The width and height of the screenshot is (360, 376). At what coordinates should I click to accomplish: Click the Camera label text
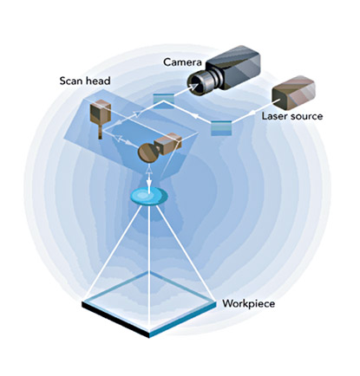pyautogui.click(x=182, y=62)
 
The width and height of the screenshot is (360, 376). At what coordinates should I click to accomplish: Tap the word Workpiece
pyautogui.click(x=248, y=304)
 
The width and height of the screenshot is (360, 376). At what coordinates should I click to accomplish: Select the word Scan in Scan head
pyautogui.click(x=71, y=81)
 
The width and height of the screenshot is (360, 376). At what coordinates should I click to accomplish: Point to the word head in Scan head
pyautogui.click(x=98, y=81)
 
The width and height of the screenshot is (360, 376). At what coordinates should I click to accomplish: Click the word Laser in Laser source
pyautogui.click(x=275, y=116)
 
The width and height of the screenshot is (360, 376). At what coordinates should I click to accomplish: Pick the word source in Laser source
pyautogui.click(x=307, y=117)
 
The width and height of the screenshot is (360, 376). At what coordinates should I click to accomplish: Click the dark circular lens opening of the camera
pyautogui.click(x=196, y=86)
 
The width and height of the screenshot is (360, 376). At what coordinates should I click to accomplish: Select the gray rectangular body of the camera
pyautogui.click(x=233, y=68)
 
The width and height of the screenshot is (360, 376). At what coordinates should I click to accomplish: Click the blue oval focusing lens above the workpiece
pyautogui.click(x=149, y=197)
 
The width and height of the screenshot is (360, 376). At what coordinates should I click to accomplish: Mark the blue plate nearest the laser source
pyautogui.click(x=221, y=128)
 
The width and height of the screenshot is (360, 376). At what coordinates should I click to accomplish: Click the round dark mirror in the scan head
pyautogui.click(x=148, y=153)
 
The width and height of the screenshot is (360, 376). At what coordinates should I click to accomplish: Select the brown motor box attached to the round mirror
pyautogui.click(x=168, y=144)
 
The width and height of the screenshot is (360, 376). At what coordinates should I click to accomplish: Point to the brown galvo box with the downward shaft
pyautogui.click(x=101, y=113)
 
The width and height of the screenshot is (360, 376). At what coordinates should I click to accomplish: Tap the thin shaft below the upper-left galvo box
pyautogui.click(x=101, y=133)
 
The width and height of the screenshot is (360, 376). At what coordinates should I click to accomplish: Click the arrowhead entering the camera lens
pyautogui.click(x=193, y=86)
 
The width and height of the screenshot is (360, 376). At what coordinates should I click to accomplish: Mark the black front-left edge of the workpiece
pyautogui.click(x=115, y=321)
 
